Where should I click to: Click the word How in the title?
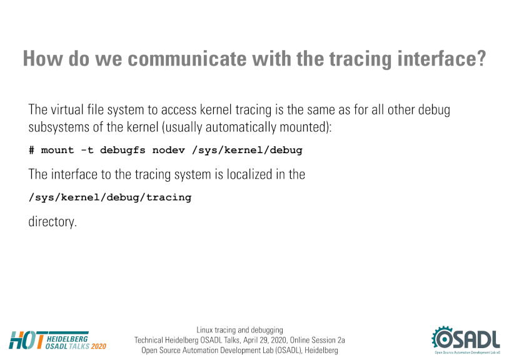coord(43,59)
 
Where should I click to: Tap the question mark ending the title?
coord(480,59)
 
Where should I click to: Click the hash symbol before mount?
coord(31,150)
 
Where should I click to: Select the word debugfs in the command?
coord(123,150)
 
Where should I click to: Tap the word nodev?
coord(169,150)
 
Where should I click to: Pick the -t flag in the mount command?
coord(87,150)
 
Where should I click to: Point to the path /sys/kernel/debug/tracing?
coord(110,197)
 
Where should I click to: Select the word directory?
coord(52,222)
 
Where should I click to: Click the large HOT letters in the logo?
coord(27,340)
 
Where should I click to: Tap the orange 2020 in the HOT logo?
coord(99,346)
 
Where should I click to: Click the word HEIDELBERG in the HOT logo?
coord(67,339)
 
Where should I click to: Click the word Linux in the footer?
coord(204,330)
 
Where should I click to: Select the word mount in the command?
coord(58,150)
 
